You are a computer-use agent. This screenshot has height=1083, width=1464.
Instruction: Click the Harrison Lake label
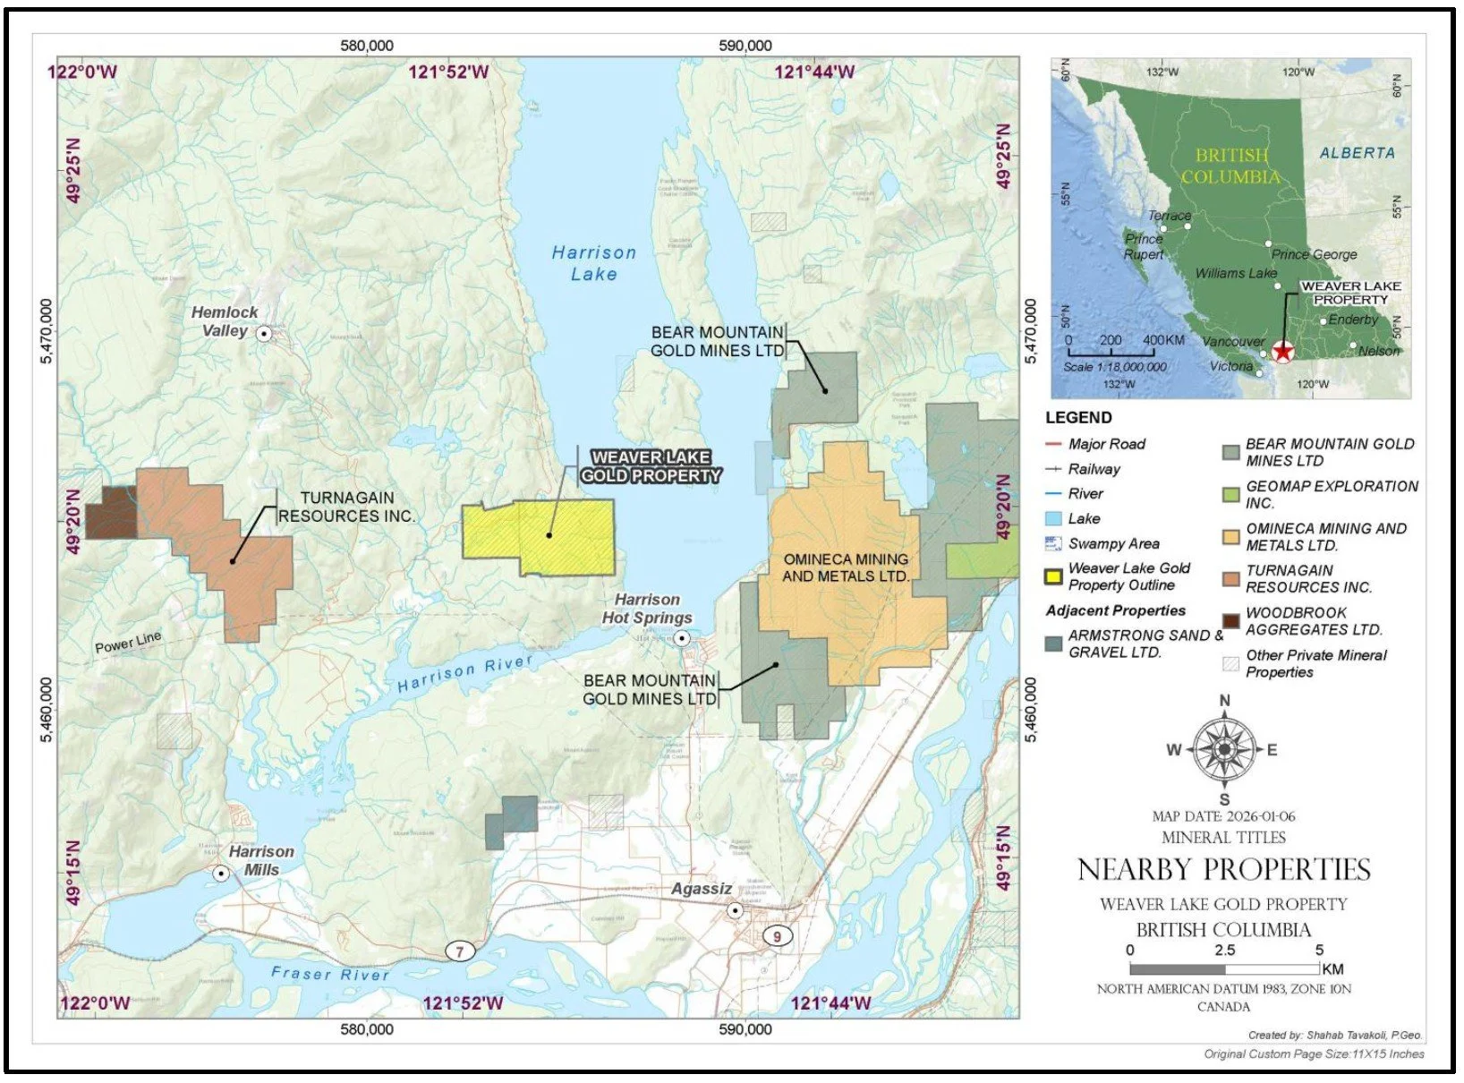tap(593, 264)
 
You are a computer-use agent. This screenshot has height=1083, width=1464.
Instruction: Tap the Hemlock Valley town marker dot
tap(264, 334)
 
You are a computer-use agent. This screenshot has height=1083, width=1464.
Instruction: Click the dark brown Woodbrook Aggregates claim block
tap(111, 513)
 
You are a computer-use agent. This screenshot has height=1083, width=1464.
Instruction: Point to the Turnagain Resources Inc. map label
tap(346, 507)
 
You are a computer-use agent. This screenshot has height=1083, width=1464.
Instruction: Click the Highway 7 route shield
tap(460, 951)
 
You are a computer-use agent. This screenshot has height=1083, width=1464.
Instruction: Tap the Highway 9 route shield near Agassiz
tap(777, 936)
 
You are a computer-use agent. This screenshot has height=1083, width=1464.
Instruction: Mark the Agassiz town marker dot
tap(735, 910)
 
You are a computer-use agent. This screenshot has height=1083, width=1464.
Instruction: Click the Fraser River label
tap(330, 974)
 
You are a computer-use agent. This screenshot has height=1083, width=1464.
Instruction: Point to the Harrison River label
tap(464, 673)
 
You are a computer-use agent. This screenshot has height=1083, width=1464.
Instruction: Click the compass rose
tap(1223, 749)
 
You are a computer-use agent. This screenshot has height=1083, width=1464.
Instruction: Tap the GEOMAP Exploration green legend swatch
tap(1230, 494)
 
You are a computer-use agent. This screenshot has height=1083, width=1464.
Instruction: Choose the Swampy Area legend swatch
tap(1053, 543)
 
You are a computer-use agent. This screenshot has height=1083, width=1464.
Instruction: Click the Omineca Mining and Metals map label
tap(845, 567)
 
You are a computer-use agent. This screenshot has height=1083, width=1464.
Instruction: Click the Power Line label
tap(128, 642)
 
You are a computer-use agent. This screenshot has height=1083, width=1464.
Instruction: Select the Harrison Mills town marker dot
tap(220, 873)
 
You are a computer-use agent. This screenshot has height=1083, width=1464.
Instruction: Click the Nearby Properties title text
tap(1223, 870)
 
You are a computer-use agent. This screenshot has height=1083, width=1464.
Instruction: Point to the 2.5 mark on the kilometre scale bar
tap(1224, 968)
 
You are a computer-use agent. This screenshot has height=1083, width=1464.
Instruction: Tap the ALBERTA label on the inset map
tap(1357, 153)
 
